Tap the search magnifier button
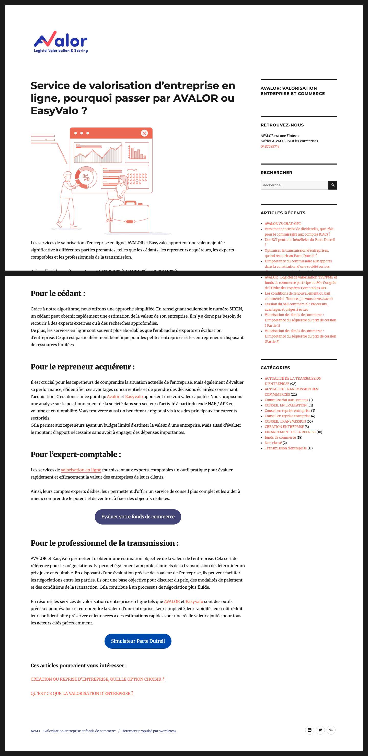tap(332, 185)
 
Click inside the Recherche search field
tap(294, 185)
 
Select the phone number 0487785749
tap(270, 146)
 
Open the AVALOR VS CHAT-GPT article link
tap(283, 224)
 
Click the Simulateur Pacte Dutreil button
tap(138, 641)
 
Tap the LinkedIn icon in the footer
tap(309, 730)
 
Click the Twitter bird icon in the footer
tap(320, 730)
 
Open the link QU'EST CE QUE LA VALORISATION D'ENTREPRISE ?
tap(82, 693)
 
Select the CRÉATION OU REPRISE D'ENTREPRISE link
tap(97, 679)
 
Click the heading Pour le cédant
tap(58, 294)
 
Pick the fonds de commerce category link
tap(280, 437)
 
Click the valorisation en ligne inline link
tap(81, 470)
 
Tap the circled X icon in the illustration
tap(144, 133)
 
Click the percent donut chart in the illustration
tap(86, 177)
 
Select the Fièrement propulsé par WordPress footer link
tap(148, 731)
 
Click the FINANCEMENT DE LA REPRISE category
tap(290, 432)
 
